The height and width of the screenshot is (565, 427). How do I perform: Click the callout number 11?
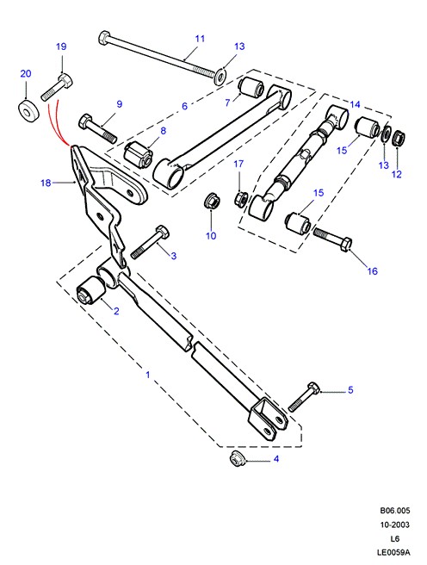tap(200, 39)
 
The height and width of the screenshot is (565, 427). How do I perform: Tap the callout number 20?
tap(26, 73)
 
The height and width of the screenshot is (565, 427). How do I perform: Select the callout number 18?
tap(46, 183)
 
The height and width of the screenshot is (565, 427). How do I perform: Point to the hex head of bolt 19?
tap(65, 80)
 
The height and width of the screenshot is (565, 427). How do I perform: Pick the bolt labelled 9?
tap(97, 128)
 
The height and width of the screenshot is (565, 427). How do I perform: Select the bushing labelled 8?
tap(139, 155)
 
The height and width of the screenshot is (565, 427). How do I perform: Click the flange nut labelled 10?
tap(211, 201)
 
